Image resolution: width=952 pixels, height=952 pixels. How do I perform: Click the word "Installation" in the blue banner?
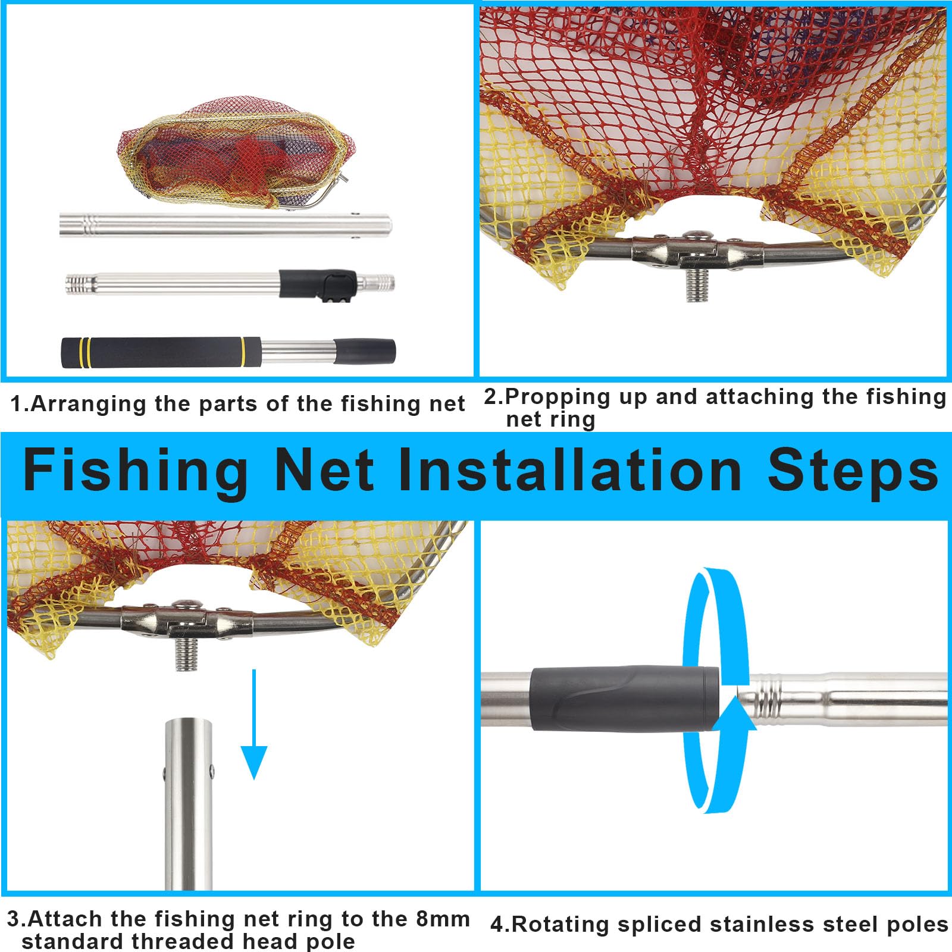click(x=569, y=471)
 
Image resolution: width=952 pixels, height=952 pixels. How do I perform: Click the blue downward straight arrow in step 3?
click(x=254, y=724)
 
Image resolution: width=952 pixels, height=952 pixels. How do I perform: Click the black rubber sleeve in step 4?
click(x=625, y=699)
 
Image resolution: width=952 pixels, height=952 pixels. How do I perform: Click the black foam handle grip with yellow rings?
click(x=161, y=352)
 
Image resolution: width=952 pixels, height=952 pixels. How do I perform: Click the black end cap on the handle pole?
click(x=365, y=352)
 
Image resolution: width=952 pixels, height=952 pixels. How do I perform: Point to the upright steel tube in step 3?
click(x=188, y=804)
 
